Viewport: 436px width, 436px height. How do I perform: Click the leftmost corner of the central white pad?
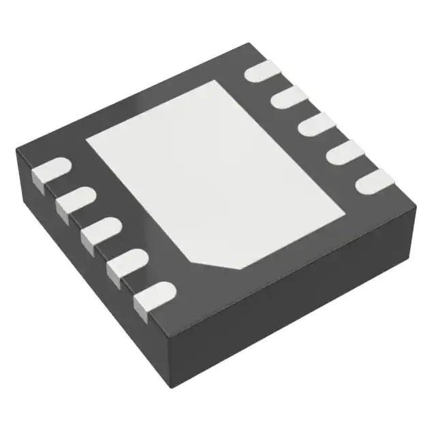[87, 140]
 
